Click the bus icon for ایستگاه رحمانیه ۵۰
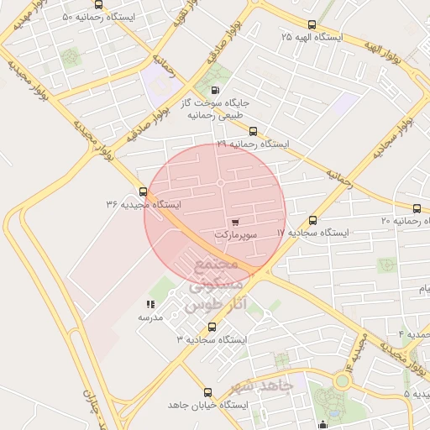[99, 4]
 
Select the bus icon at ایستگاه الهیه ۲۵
[312, 24]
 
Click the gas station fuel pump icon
[216, 90]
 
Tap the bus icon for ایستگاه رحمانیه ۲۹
[253, 131]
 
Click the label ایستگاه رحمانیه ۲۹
[252, 144]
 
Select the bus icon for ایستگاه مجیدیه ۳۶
[143, 191]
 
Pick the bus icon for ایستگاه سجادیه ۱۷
[313, 219]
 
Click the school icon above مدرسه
[150, 305]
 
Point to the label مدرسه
[150, 318]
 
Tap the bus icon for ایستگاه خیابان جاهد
[207, 391]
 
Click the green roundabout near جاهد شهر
[343, 380]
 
